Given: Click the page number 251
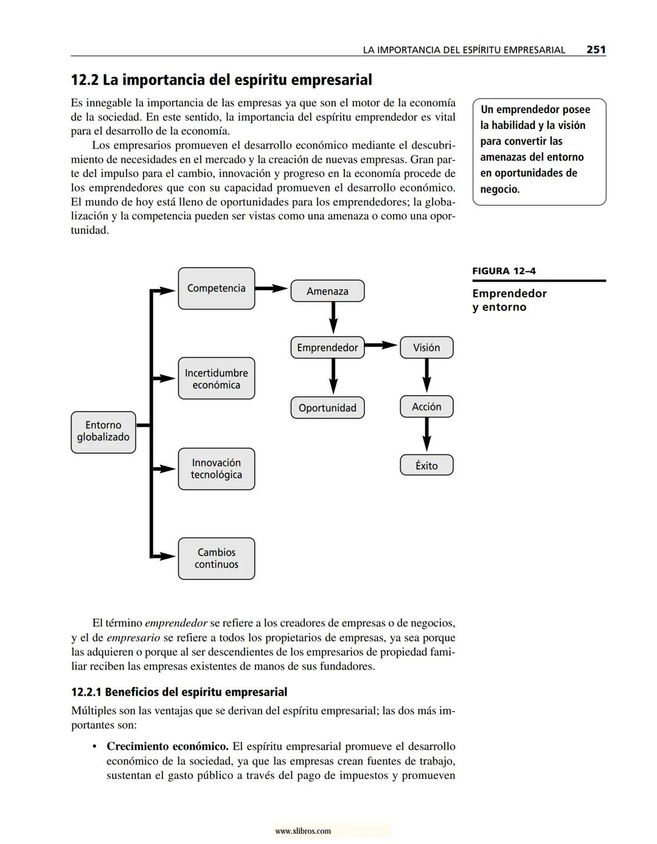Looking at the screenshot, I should [x=596, y=50].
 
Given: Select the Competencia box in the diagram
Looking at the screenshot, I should [x=217, y=288].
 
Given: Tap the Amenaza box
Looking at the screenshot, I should [x=327, y=291].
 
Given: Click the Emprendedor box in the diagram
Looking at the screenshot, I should [x=327, y=348].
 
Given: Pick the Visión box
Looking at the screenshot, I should [x=426, y=348].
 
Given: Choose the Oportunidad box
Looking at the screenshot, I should [x=327, y=408].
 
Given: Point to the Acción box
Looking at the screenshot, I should [x=426, y=407].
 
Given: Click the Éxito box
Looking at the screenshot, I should [x=426, y=466].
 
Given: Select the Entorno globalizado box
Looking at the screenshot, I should [x=103, y=432].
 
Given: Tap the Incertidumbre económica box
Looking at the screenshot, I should [x=217, y=379].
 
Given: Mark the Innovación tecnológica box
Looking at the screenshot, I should [x=217, y=469].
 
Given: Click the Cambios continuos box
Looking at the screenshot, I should [x=217, y=558].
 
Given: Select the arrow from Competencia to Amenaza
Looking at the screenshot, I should [x=272, y=288].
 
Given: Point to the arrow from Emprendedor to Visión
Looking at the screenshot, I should [x=381, y=345].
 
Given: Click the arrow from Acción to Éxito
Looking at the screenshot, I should [x=426, y=435].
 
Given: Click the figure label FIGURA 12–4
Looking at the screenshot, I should [x=504, y=271].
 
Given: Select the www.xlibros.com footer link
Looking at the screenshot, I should [x=303, y=831].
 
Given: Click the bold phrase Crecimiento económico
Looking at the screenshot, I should [x=167, y=746].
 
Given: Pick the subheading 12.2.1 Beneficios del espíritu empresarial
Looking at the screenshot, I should [x=179, y=692].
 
